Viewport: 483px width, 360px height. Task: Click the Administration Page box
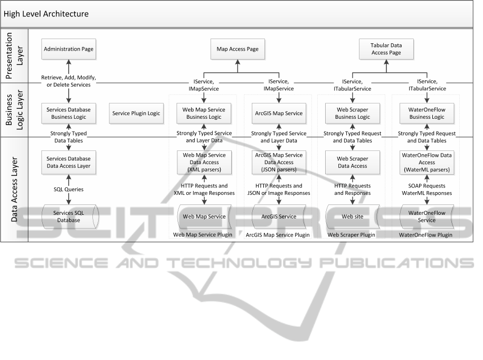(x=69, y=49)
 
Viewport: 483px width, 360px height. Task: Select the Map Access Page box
(x=238, y=49)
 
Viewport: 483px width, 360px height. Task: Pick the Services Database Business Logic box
(x=69, y=113)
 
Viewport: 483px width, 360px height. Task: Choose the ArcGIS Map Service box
(x=279, y=113)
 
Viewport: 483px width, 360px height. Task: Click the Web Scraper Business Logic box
(x=353, y=113)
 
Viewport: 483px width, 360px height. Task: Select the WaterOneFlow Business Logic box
(x=427, y=113)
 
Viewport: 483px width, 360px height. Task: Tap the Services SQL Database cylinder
(x=69, y=216)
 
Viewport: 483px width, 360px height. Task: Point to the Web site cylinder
(x=353, y=216)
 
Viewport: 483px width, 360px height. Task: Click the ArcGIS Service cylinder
(x=279, y=216)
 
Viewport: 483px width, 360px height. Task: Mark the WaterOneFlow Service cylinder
(x=427, y=216)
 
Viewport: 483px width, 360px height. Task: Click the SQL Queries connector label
(x=69, y=189)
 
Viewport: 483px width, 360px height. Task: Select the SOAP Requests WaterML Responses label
(x=427, y=190)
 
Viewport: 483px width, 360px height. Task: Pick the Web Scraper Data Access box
(x=353, y=162)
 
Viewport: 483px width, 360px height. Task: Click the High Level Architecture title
(x=46, y=14)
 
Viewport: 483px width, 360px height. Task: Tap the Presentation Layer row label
(x=14, y=54)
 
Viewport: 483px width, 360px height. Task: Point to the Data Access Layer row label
(x=14, y=189)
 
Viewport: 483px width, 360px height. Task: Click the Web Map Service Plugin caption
(x=204, y=234)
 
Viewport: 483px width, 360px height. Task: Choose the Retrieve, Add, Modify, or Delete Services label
(x=69, y=81)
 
